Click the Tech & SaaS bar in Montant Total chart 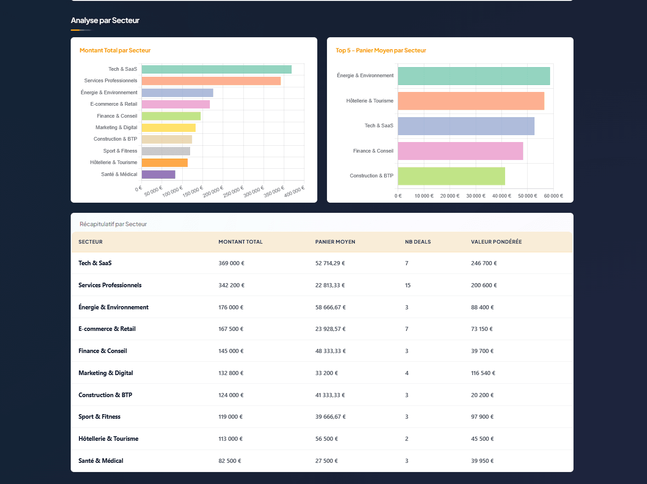216,69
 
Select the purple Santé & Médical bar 158,175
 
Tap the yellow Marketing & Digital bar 169,128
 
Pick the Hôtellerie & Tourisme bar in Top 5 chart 471,101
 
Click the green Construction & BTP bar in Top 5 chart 451,176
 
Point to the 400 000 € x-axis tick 294,192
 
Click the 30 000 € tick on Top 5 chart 476,196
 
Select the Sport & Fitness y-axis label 120,151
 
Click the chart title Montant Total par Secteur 115,51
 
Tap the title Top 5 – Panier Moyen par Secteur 381,51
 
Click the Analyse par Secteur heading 105,21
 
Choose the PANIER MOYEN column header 335,242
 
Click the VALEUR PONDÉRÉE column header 496,242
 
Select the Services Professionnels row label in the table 110,285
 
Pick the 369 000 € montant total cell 231,263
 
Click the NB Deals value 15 408,285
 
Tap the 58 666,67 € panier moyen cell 330,307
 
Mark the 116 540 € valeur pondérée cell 483,373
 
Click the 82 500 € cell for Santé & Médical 230,461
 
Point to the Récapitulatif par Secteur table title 113,224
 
